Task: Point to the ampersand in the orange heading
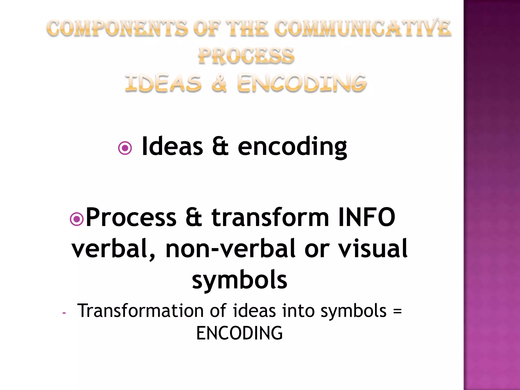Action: click(x=219, y=83)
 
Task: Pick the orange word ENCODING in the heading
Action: click(x=302, y=83)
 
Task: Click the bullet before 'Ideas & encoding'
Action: click(x=125, y=148)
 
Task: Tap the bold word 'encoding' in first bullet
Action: click(x=292, y=147)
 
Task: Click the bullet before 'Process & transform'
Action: click(x=77, y=219)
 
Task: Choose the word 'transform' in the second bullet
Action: click(x=270, y=218)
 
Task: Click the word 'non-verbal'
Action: click(x=231, y=249)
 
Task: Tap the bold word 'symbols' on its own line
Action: click(x=239, y=280)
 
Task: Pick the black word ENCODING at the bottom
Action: click(x=239, y=333)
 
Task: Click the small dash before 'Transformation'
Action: click(x=64, y=313)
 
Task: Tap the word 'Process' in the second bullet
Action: click(x=131, y=218)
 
